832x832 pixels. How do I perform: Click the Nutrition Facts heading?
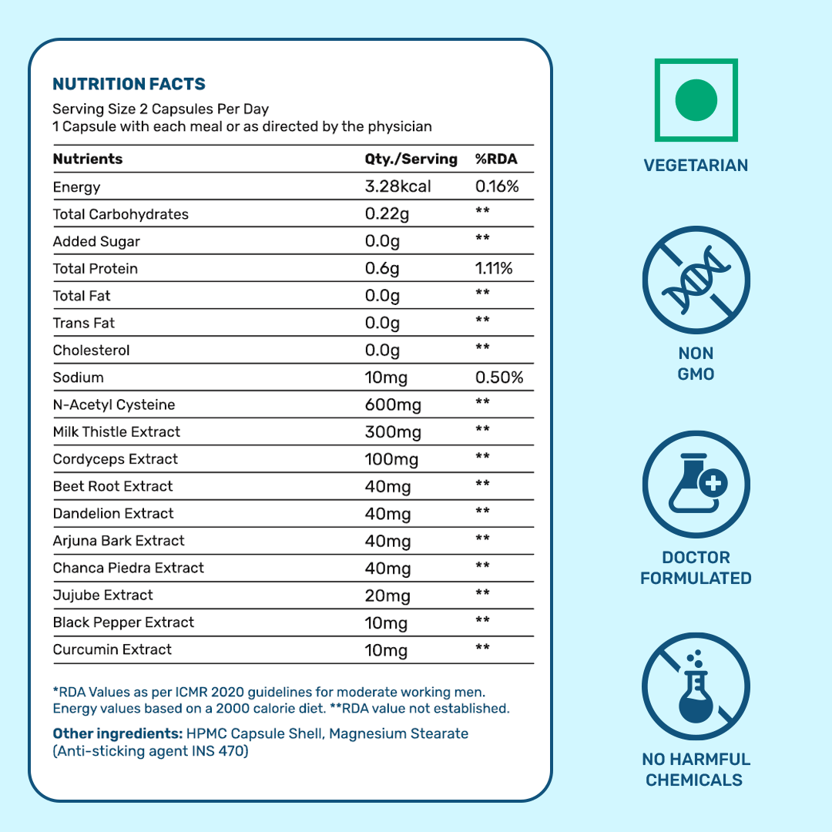129,84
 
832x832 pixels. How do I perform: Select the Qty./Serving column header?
411,159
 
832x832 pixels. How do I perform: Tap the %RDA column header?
496,159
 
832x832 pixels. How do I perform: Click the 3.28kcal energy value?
398,187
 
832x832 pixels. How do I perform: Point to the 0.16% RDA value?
497,187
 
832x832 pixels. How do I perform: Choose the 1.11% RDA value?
494,269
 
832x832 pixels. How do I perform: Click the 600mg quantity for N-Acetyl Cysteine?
393,405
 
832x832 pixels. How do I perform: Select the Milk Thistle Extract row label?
116,432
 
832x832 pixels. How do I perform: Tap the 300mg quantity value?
393,432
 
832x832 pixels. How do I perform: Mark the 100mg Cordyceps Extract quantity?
391,460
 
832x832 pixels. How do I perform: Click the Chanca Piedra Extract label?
129,569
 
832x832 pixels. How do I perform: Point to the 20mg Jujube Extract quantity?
387,595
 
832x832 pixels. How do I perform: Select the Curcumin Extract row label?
112,650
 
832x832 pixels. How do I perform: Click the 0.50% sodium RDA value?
499,378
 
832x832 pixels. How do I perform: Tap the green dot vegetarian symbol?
696,100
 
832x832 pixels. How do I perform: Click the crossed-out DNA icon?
696,279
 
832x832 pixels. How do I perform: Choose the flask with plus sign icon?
696,485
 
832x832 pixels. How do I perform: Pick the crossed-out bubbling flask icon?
696,687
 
